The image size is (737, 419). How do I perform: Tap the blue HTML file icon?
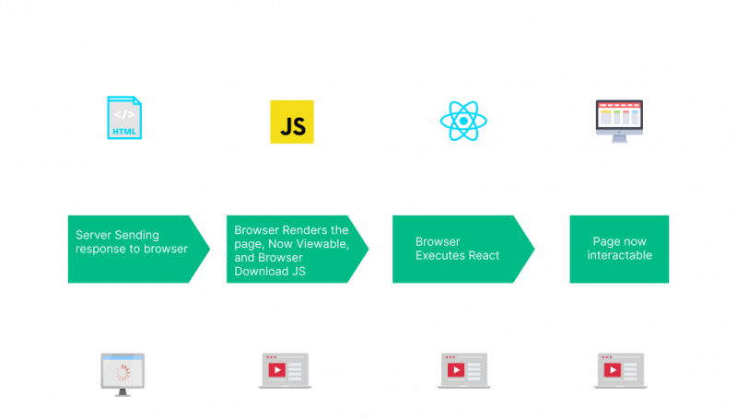pyautogui.click(x=123, y=118)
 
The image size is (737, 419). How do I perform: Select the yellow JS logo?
pyautogui.click(x=291, y=122)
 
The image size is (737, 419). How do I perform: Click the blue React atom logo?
pyautogui.click(x=463, y=121)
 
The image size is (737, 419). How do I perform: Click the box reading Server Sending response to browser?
pyautogui.click(x=134, y=249)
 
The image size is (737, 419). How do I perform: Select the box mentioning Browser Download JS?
pyautogui.click(x=293, y=250)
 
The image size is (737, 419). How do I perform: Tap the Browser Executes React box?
pyautogui.click(x=458, y=249)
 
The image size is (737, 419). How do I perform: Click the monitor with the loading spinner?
pyautogui.click(x=123, y=373)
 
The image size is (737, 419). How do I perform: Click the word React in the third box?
pyautogui.click(x=481, y=255)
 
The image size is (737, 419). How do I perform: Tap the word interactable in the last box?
pyautogui.click(x=619, y=255)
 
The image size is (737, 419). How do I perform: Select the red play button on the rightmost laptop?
pyautogui.click(x=611, y=370)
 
